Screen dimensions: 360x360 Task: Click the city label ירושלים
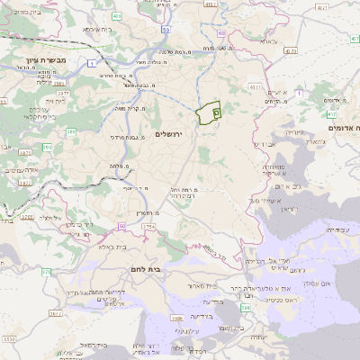pyautogui.click(x=168, y=134)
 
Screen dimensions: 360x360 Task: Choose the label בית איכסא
pyautogui.click(x=97, y=30)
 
